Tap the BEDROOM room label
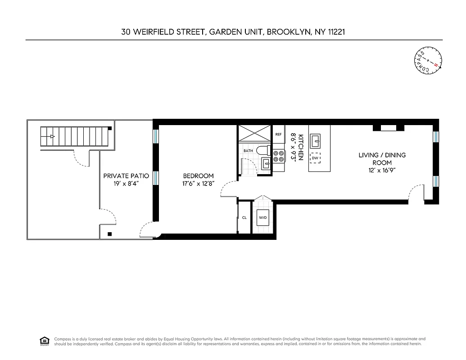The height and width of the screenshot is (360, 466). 198,176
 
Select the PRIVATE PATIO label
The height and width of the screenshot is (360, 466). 126,176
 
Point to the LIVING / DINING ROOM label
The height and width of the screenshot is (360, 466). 382,159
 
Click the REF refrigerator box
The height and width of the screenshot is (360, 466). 278,135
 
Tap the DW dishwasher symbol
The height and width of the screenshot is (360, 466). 316,158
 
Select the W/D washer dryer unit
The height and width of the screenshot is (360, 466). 262,218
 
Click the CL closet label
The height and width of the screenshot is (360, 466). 244,218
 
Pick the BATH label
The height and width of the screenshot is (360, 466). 248,151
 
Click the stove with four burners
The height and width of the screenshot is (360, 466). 278,156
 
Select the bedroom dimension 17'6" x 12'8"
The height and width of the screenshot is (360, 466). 198,184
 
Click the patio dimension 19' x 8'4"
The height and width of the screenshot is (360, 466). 126,184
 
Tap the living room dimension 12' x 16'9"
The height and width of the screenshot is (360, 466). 382,170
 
